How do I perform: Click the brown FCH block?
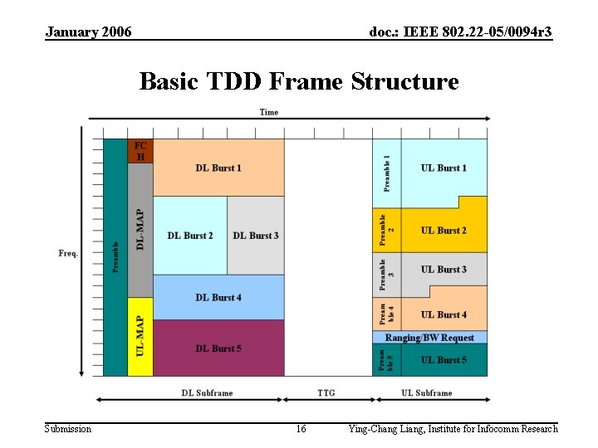140,151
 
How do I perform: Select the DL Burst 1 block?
218,168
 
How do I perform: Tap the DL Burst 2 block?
189,236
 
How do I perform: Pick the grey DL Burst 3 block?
256,236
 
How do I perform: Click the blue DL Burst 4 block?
218,297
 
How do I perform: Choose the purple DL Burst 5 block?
218,348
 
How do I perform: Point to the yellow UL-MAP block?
140,336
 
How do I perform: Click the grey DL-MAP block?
140,230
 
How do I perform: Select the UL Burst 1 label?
444,168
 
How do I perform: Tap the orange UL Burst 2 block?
444,231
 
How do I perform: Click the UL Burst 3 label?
444,270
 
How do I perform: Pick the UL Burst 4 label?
444,314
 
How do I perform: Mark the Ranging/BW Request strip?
429,338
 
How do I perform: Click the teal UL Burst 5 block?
444,360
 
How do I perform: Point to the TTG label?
326,392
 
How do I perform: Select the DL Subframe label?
207,392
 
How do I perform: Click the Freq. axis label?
68,253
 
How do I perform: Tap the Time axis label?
269,112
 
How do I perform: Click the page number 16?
301,429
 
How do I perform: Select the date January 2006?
88,32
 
